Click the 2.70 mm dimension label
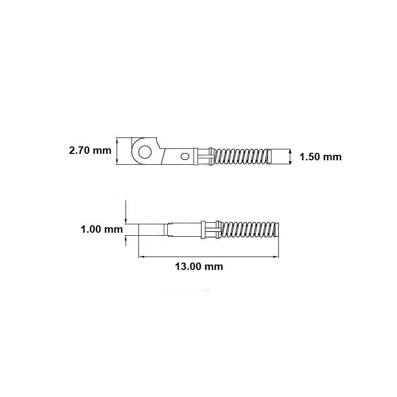(90, 150)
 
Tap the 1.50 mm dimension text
(321, 157)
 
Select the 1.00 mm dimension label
(102, 229)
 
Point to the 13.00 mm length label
(199, 266)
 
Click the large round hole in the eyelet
(145, 152)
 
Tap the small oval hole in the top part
(185, 156)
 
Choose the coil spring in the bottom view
(248, 229)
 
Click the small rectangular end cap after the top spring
(269, 156)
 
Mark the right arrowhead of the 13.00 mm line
(276, 257)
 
